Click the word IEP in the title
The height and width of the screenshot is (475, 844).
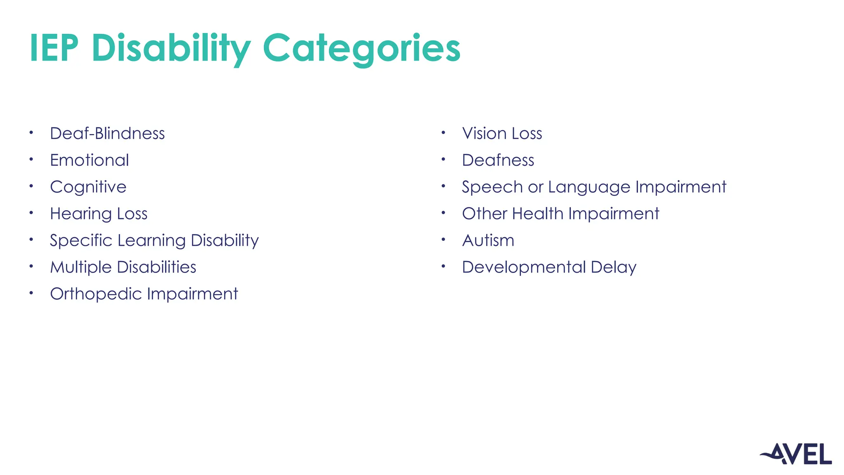click(54, 48)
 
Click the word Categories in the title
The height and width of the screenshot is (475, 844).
click(361, 48)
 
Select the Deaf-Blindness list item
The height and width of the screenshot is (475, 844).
click(107, 134)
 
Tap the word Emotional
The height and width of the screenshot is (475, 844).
click(89, 160)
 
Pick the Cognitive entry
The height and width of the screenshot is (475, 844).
click(88, 187)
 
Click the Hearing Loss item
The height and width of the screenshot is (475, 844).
click(98, 214)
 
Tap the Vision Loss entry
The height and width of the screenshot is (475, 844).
click(502, 134)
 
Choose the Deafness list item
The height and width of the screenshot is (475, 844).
click(498, 160)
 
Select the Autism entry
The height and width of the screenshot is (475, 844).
click(488, 241)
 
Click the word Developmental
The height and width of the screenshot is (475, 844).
click(523, 267)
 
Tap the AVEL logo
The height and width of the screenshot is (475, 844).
click(796, 454)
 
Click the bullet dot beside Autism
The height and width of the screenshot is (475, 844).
click(443, 239)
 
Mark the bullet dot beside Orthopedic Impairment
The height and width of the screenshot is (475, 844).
click(31, 293)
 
